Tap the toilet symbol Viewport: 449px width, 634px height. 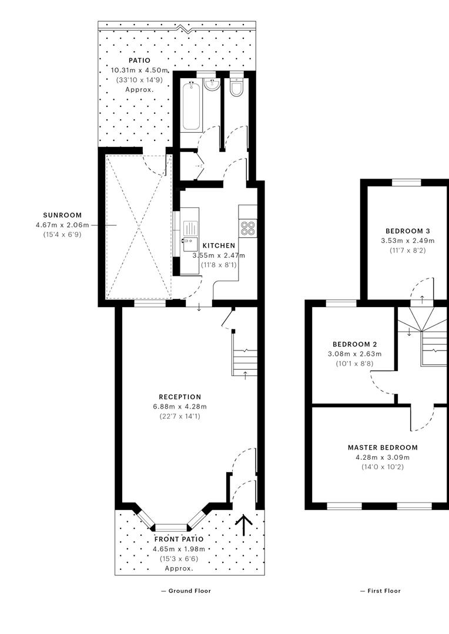click(236, 86)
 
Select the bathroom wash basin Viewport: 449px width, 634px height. click(212, 84)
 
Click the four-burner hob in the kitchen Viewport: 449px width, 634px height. click(247, 228)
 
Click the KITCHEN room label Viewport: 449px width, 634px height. click(219, 245)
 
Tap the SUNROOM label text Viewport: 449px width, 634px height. click(62, 215)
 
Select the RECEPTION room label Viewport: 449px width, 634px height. click(180, 397)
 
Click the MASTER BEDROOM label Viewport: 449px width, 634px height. click(383, 447)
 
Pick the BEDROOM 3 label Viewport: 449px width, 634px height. click(408, 231)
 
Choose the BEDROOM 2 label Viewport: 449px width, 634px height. click(354, 345)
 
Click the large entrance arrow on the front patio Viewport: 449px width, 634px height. click(244, 525)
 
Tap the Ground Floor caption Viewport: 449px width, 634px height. click(186, 591)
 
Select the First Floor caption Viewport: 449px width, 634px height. click(381, 591)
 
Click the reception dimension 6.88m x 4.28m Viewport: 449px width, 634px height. click(180, 407)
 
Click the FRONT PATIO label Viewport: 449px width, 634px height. click(179, 539)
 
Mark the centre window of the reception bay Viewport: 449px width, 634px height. click(171, 527)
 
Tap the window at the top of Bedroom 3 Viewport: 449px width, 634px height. click(407, 183)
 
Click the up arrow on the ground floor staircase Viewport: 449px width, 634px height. click(245, 375)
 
